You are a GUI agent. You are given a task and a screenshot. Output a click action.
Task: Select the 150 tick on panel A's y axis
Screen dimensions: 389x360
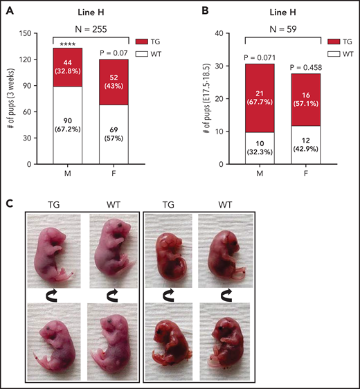[36, 33]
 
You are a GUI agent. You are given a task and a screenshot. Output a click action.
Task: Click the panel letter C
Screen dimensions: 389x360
[9, 203]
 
